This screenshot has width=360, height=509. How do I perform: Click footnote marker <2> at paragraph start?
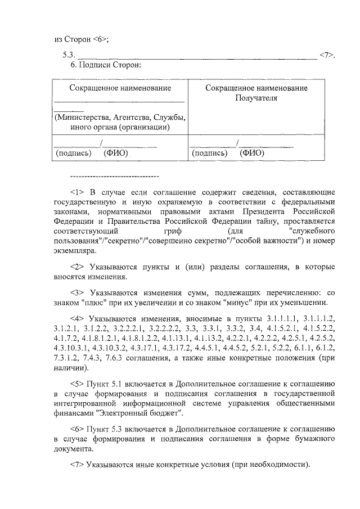point(76,267)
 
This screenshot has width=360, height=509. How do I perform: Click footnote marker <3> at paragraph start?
point(76,293)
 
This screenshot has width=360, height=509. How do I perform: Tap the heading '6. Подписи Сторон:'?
point(101,65)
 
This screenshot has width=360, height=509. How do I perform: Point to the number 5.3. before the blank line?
point(69,55)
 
